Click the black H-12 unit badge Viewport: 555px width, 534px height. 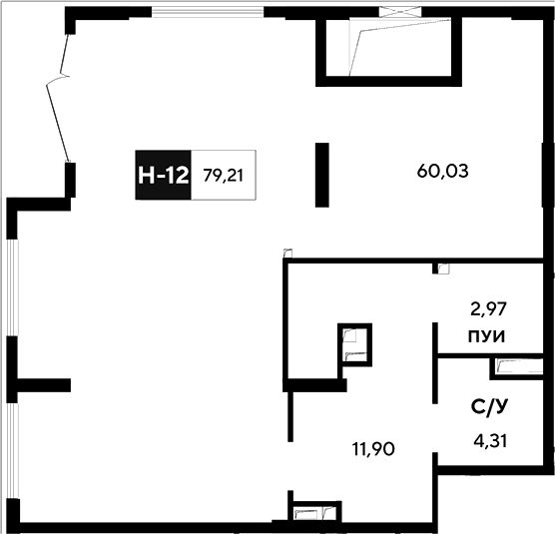tap(163, 175)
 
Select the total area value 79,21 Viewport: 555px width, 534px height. tap(223, 176)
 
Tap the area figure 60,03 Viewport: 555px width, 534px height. tap(442, 171)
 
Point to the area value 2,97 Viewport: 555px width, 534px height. tap(488, 308)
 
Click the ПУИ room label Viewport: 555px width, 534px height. tap(487, 336)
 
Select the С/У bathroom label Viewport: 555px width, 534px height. tap(489, 407)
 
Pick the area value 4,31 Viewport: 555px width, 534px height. tap(490, 441)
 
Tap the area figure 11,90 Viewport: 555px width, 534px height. tap(373, 449)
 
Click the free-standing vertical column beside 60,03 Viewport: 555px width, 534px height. tap(322, 175)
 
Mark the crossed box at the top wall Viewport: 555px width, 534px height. tap(400, 12)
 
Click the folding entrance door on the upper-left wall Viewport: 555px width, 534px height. tap(59, 98)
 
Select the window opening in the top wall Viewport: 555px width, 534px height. tap(208, 12)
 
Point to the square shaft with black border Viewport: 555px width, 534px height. tap(354, 345)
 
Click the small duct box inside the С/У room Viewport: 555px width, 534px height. tap(516, 368)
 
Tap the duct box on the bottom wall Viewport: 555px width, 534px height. tap(315, 512)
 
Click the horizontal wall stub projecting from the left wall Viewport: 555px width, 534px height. tap(44, 385)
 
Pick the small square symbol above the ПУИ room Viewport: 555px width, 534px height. tap(443, 268)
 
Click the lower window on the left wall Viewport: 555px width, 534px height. tap(12, 450)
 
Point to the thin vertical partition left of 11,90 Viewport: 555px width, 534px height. tap(290, 416)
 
